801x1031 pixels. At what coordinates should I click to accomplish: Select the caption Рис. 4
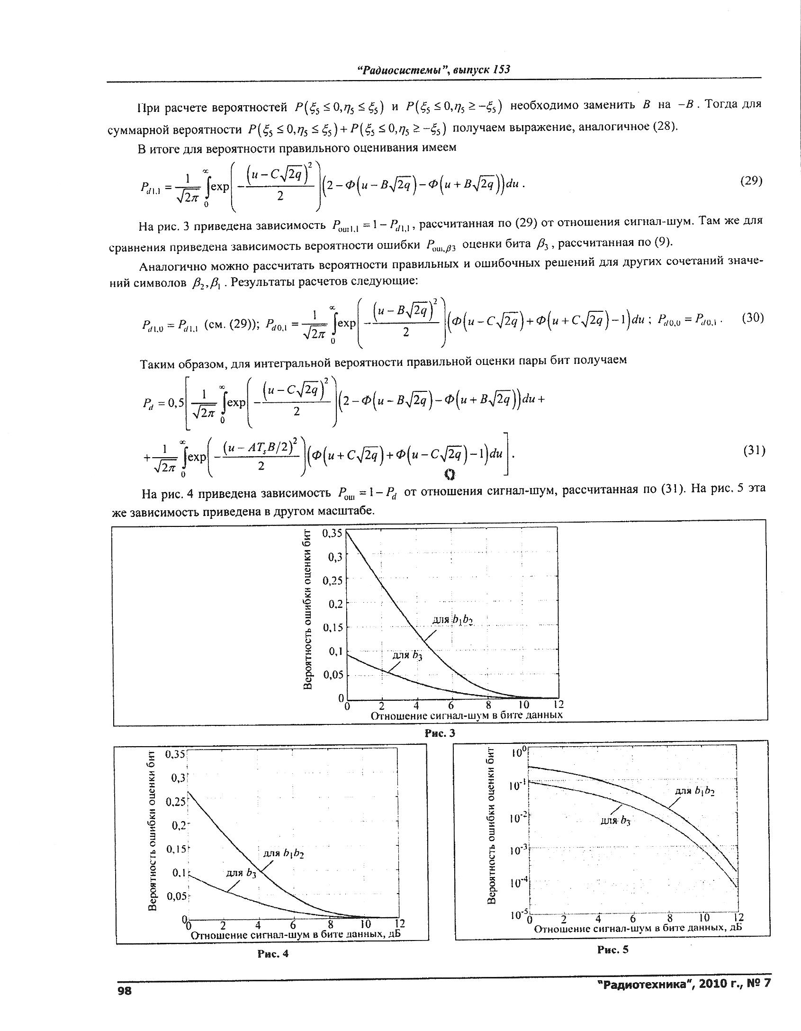pos(272,954)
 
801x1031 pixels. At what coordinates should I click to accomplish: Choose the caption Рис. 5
pos(612,949)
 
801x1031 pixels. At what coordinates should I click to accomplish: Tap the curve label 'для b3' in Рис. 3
pos(408,655)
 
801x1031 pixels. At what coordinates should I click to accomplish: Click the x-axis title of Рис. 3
pos(467,715)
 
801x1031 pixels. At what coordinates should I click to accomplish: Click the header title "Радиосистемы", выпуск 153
pos(433,70)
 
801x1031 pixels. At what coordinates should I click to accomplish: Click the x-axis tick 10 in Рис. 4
pos(365,924)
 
